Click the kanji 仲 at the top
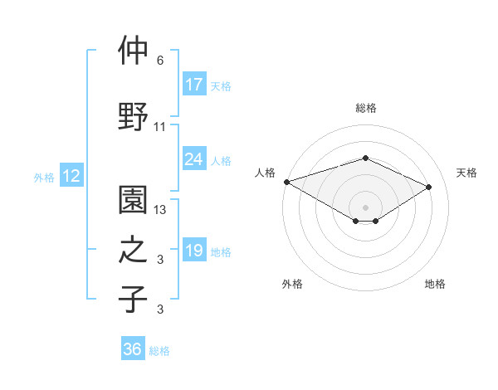pos(134,51)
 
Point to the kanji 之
pos(134,252)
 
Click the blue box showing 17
pos(194,85)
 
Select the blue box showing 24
pos(194,159)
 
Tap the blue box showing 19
pos(194,251)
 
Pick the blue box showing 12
pos(71,176)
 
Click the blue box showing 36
pos(133,349)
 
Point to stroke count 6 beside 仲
pos(159,61)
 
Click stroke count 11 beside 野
pos(159,127)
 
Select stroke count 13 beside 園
pos(160,210)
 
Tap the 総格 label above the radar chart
pos(365,108)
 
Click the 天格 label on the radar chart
pos(466,173)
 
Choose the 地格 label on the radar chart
pos(435,284)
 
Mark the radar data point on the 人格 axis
pos(286,181)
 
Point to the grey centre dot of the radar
pos(365,207)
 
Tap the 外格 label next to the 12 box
pos(43,177)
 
